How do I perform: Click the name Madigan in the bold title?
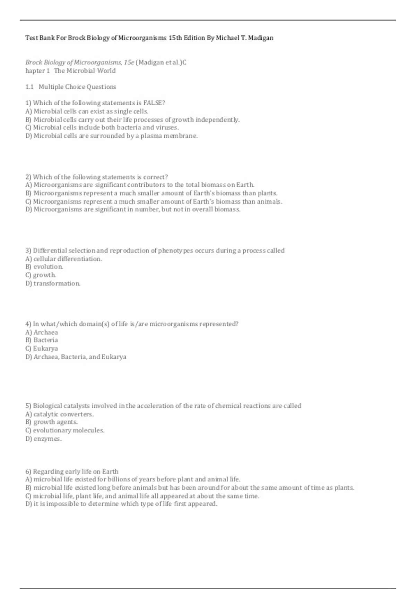(260, 38)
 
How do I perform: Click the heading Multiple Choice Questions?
(77, 87)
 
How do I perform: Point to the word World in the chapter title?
(106, 71)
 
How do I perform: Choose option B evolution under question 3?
(44, 267)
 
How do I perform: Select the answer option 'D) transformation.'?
(53, 283)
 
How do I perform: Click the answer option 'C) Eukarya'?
(42, 349)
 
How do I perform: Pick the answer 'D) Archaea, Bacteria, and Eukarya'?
(76, 357)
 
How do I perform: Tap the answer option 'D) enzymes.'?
(44, 439)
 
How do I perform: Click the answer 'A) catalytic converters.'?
(60, 414)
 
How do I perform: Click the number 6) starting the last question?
(28, 472)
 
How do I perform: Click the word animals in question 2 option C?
(269, 202)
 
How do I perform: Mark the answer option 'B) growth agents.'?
(52, 422)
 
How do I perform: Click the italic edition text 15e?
(129, 63)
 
